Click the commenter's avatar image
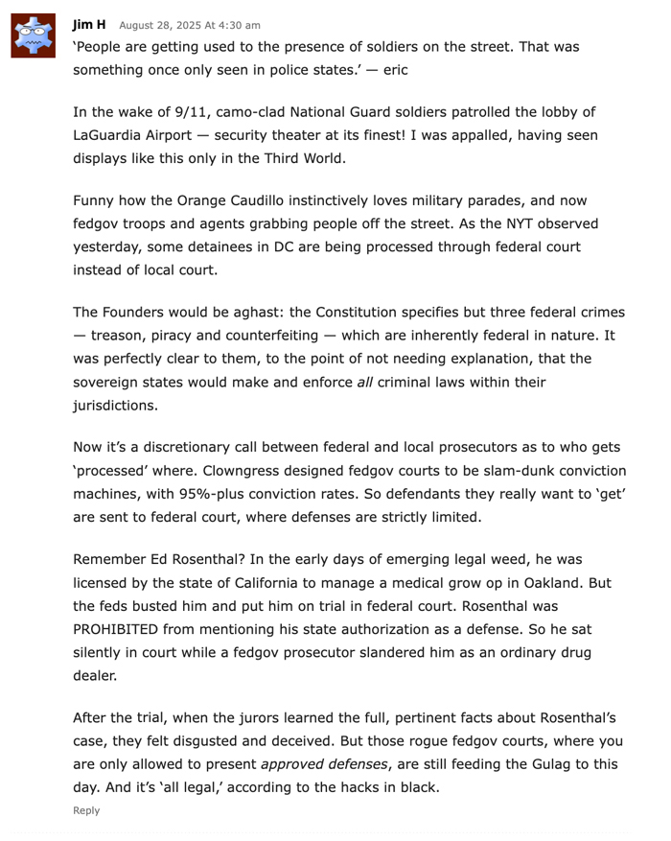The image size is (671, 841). pos(35,36)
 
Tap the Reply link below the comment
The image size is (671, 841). pos(86,810)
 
